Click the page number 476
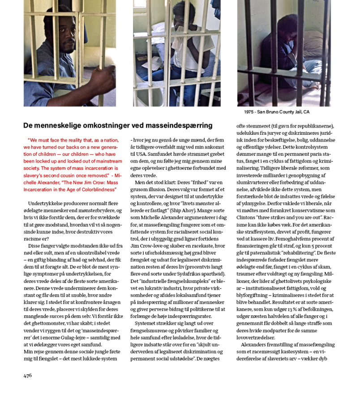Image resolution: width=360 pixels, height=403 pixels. tap(28, 376)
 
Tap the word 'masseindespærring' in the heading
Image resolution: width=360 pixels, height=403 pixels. tap(182, 125)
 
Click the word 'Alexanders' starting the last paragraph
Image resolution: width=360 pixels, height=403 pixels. tap(256, 345)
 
